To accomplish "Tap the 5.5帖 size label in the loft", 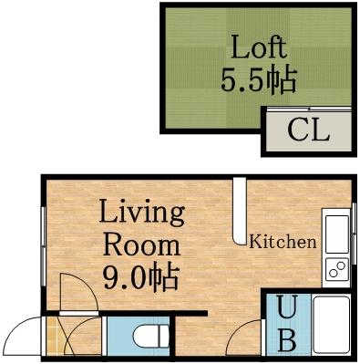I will click(258, 80).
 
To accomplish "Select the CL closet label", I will click(308, 131).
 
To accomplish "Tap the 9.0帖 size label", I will click(140, 275).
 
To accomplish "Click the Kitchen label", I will click(283, 243).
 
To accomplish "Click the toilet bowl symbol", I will click(149, 338).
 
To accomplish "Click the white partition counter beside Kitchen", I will click(239, 211).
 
